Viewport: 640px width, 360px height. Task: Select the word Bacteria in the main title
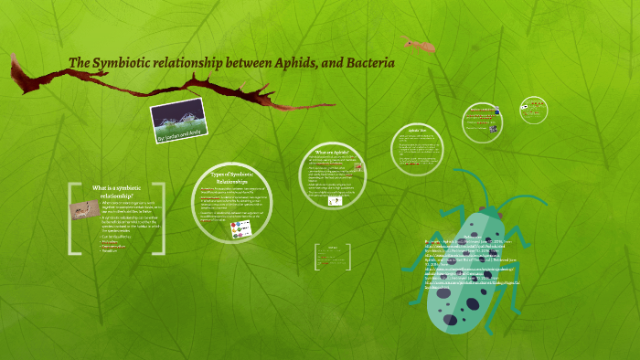369,63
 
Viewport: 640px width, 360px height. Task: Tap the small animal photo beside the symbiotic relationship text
83,209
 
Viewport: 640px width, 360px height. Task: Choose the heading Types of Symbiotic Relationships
230,176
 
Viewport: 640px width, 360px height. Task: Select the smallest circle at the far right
534,108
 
